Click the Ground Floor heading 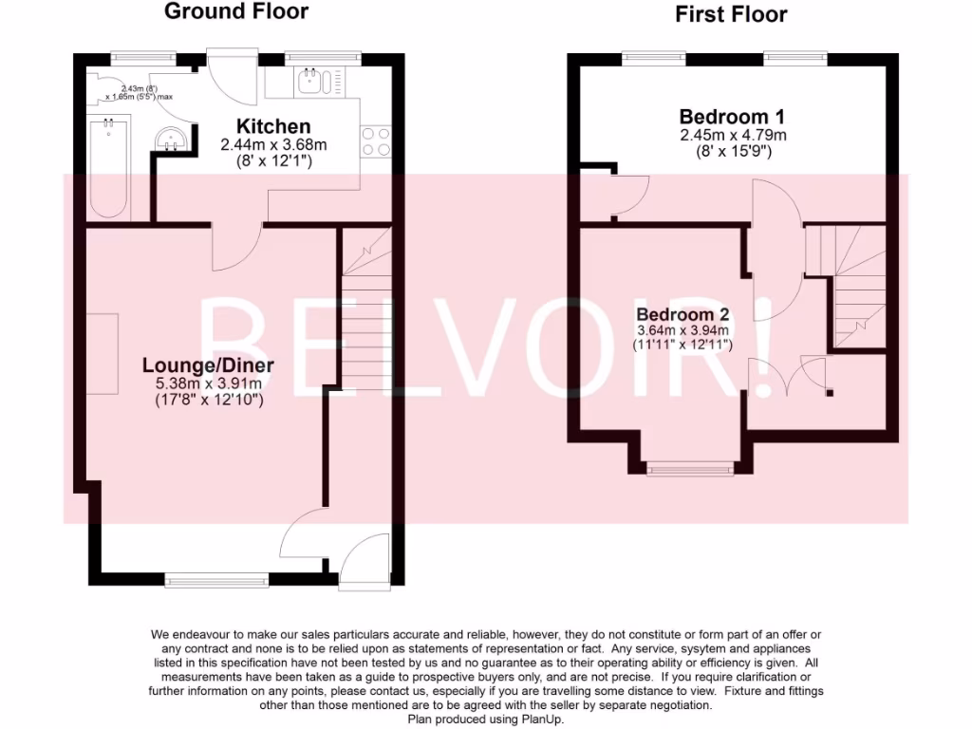(x=236, y=11)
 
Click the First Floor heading (x=731, y=13)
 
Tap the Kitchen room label (x=273, y=126)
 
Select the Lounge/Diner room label (x=208, y=365)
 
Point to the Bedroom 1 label (x=732, y=117)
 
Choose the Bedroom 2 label (x=682, y=314)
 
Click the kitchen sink (x=310, y=82)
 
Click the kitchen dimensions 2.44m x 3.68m (x=273, y=145)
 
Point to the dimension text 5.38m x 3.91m (x=208, y=383)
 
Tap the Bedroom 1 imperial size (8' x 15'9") (x=732, y=151)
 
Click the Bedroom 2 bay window (x=691, y=466)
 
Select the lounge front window (x=216, y=577)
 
